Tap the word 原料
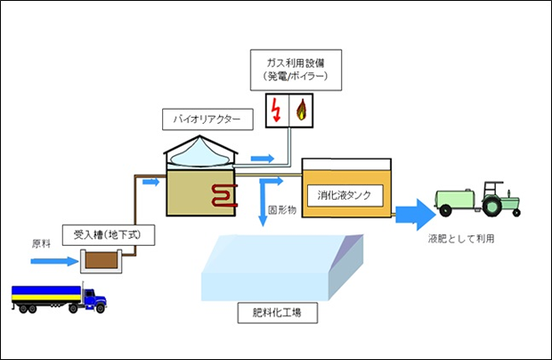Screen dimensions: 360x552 click(43, 242)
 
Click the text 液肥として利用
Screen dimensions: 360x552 click(460, 239)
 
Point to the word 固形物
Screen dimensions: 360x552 click(281, 210)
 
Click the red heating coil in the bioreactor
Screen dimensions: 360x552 click(223, 196)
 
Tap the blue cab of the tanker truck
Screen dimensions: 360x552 click(93, 297)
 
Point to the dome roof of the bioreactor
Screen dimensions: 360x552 click(202, 151)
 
